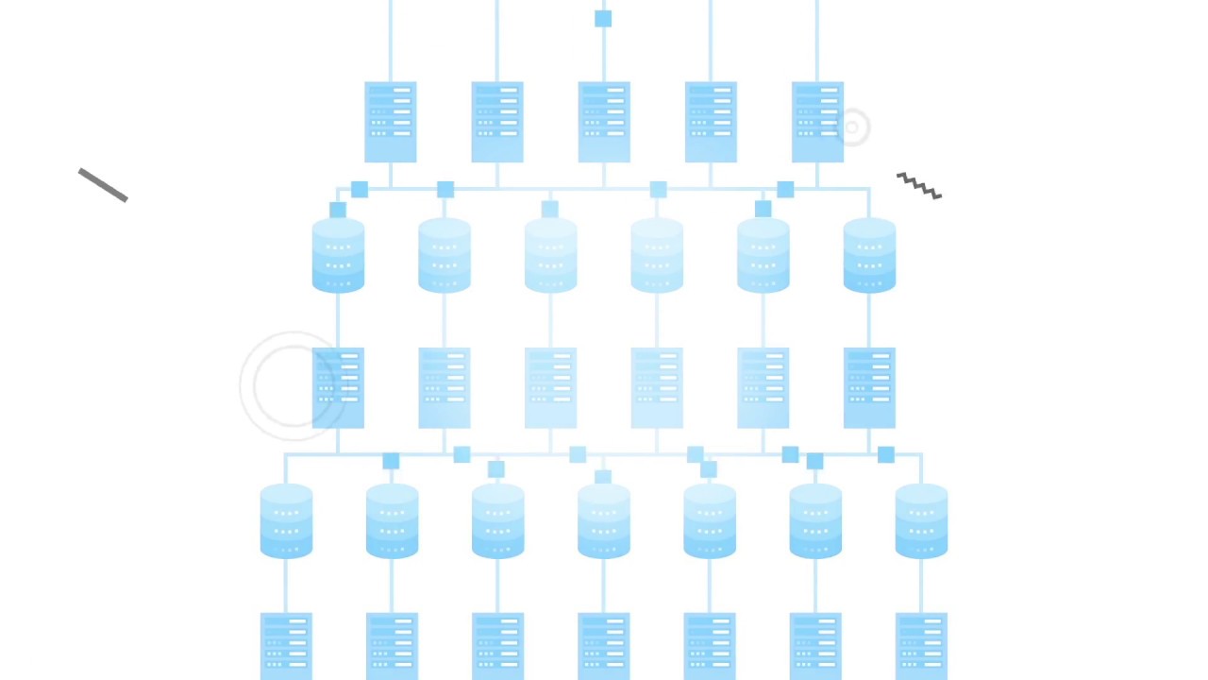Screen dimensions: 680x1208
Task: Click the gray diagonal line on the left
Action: coord(103,185)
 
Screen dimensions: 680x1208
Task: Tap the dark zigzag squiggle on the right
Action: coord(919,186)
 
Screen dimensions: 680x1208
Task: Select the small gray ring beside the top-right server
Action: coord(853,127)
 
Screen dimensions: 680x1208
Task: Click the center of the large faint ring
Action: coord(293,386)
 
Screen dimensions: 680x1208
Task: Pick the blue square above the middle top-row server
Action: coord(603,19)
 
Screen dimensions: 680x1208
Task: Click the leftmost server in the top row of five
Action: coord(390,122)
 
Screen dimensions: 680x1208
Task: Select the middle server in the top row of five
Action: coord(604,122)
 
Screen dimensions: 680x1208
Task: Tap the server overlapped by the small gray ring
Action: coord(817,122)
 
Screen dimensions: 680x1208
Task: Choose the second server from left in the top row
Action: coord(497,122)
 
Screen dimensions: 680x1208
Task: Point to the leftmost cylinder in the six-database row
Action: coord(338,255)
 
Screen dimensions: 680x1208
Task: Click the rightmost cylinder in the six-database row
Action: coord(869,255)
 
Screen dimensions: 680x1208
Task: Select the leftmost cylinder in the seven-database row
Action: coord(286,520)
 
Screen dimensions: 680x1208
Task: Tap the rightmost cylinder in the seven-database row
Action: coord(921,520)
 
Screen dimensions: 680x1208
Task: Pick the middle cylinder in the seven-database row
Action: coord(604,520)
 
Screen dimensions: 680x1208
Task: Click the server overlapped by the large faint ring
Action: coord(338,387)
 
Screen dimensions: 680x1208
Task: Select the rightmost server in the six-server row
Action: coord(869,387)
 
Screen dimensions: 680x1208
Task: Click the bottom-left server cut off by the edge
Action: coord(286,646)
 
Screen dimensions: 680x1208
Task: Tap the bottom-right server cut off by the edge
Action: coord(921,646)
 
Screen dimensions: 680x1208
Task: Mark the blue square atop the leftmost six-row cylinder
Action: coord(338,210)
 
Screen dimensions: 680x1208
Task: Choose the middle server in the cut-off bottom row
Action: coord(604,646)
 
